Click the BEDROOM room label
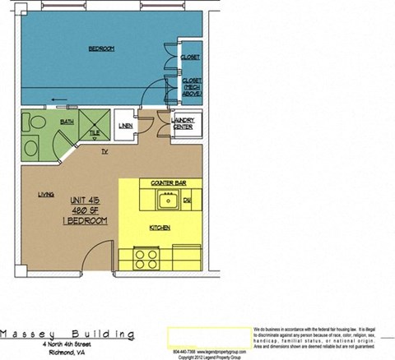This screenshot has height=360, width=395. tap(101, 49)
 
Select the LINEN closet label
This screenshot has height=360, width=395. tap(125, 126)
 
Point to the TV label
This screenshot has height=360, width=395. tap(105, 152)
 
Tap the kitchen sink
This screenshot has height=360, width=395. tap(168, 200)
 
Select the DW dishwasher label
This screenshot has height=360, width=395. tap(188, 201)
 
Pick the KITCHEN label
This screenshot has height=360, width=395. tap(160, 227)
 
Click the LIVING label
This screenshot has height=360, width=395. tap(46, 195)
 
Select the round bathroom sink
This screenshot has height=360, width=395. tap(31, 149)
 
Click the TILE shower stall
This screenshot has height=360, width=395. tap(94, 125)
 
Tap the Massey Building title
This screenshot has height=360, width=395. tap(67, 335)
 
